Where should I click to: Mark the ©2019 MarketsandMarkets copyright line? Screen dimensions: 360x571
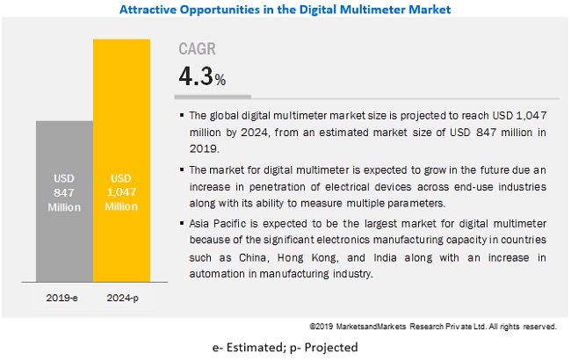433,326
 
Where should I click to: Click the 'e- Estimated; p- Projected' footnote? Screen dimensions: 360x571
285,347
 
